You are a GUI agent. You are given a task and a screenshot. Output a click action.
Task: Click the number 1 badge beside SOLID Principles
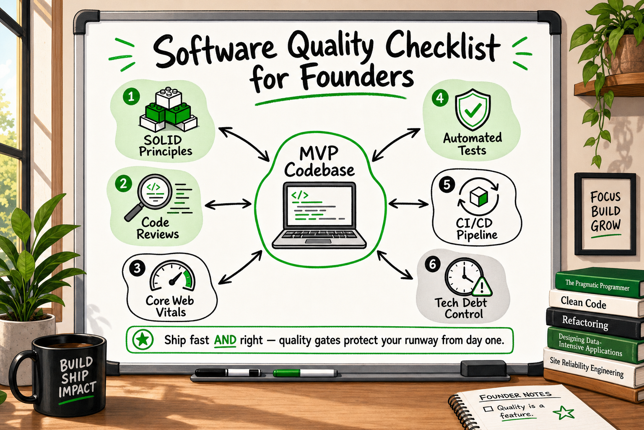click(131, 97)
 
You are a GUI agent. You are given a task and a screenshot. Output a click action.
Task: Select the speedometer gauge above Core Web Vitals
click(172, 275)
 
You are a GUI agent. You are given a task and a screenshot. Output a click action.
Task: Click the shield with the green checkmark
click(473, 110)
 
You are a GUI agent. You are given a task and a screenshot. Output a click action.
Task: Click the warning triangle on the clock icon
click(482, 286)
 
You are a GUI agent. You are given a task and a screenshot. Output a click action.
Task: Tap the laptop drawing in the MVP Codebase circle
click(319, 215)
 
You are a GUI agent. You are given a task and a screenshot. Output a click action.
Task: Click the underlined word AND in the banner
click(225, 341)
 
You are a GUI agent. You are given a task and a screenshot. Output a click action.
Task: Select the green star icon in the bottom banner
click(143, 340)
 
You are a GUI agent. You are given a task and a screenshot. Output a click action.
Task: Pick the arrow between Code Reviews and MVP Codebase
click(228, 204)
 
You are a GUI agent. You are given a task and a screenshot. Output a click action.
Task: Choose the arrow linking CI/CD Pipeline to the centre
click(408, 204)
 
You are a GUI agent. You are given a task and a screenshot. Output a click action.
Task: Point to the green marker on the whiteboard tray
click(305, 373)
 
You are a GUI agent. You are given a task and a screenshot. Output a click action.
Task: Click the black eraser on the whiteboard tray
click(483, 369)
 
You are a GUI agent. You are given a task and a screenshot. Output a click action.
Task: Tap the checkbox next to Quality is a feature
click(488, 409)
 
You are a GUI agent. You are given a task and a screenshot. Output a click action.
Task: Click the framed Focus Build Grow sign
click(605, 214)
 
